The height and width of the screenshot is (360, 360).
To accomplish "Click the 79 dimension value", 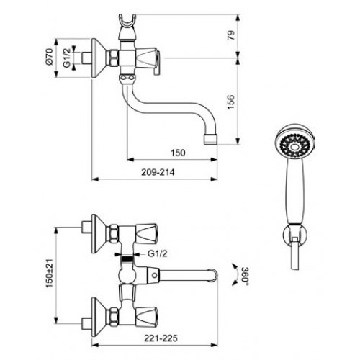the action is tap(231, 35).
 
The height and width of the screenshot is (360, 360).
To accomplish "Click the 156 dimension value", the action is tap(231, 102).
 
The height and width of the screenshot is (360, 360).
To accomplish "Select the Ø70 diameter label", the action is tap(49, 56).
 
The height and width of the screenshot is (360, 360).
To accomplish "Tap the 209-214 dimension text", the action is tap(158, 172).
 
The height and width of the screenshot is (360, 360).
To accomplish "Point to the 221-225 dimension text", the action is tap(161, 338).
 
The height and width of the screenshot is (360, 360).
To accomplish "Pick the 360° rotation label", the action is tap(245, 275).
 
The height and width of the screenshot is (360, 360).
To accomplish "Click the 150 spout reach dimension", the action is tap(178, 153).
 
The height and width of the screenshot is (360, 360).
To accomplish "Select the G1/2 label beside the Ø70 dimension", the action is tap(67, 58).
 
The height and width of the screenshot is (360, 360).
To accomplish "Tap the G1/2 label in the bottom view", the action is tap(158, 253).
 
